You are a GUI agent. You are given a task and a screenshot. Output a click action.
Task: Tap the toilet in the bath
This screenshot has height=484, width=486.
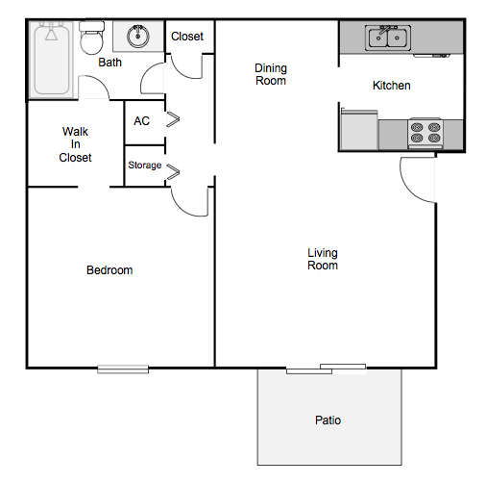click(92, 41)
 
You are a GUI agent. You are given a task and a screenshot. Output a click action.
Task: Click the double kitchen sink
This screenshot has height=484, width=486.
click(387, 38)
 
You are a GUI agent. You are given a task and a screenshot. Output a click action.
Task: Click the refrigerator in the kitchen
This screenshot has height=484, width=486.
click(359, 130)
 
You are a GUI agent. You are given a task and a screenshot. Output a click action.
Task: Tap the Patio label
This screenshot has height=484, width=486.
click(328, 420)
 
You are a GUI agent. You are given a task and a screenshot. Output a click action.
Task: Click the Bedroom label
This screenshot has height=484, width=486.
click(109, 270)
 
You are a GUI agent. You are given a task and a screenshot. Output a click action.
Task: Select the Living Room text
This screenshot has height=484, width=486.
click(323, 259)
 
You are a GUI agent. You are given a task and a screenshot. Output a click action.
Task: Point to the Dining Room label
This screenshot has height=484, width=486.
click(271, 74)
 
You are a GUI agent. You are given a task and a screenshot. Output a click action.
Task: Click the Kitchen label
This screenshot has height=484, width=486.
click(391, 86)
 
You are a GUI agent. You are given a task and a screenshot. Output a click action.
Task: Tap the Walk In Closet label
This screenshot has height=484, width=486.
click(75, 144)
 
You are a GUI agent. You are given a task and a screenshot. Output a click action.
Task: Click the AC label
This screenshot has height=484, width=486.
click(141, 121)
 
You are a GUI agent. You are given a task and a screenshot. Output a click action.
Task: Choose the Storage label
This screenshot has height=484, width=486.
click(145, 166)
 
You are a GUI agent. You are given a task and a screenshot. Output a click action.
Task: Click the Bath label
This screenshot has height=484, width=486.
click(109, 64)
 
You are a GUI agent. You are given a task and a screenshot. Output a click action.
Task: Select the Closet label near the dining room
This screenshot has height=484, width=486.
click(187, 37)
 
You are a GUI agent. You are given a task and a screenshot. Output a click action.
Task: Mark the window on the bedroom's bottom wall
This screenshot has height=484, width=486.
click(123, 368)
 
